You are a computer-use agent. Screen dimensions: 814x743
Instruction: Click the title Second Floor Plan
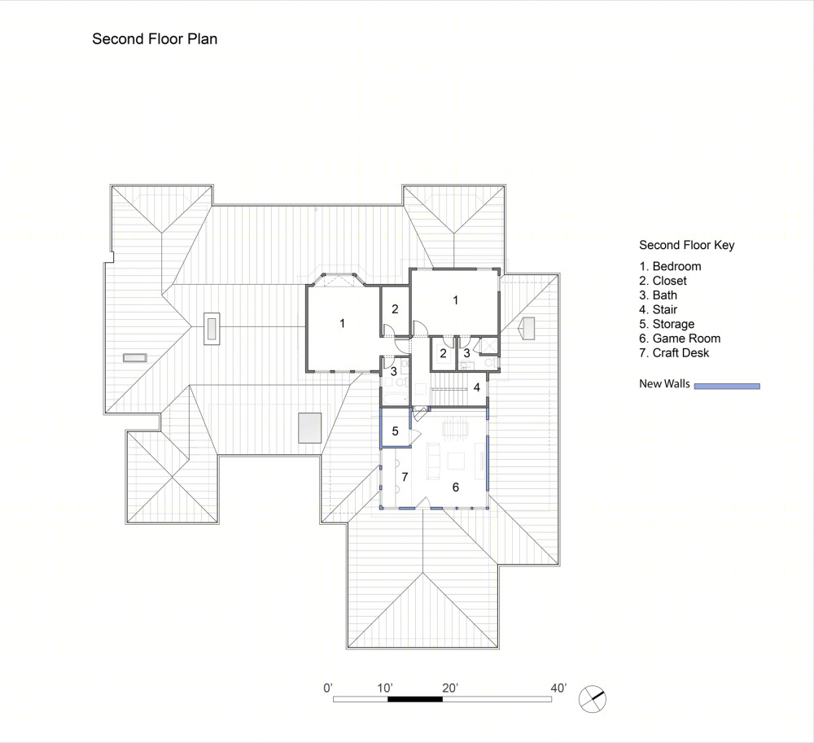(x=155, y=39)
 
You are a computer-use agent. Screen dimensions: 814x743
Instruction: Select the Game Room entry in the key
(x=680, y=339)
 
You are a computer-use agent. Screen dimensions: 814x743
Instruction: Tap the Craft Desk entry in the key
(x=674, y=353)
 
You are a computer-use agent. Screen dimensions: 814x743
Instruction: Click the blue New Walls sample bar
(x=727, y=386)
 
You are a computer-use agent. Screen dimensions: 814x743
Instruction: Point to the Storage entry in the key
(x=667, y=324)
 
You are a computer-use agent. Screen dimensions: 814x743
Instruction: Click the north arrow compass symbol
(x=593, y=699)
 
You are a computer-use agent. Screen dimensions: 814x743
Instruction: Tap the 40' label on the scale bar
(x=558, y=688)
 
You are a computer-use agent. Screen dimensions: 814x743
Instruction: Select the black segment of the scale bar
(x=415, y=699)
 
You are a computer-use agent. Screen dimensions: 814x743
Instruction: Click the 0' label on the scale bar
(x=327, y=688)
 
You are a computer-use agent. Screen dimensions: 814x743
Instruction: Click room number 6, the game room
(x=455, y=487)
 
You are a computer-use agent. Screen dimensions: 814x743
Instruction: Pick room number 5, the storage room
(x=395, y=431)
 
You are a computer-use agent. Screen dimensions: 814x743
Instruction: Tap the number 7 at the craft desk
(x=405, y=476)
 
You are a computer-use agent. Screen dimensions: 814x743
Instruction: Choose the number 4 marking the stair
(x=476, y=387)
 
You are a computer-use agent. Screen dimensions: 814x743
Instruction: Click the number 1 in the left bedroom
(x=342, y=323)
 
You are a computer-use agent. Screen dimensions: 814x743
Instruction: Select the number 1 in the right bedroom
(x=455, y=300)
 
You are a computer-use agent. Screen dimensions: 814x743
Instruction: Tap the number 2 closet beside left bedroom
(x=395, y=308)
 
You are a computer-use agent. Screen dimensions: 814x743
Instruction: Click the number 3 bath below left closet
(x=393, y=371)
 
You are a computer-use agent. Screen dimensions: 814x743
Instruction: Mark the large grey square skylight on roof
(x=310, y=427)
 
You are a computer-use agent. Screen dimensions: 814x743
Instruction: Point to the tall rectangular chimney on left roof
(x=212, y=328)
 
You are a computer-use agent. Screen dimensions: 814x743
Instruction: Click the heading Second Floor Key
(x=687, y=245)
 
